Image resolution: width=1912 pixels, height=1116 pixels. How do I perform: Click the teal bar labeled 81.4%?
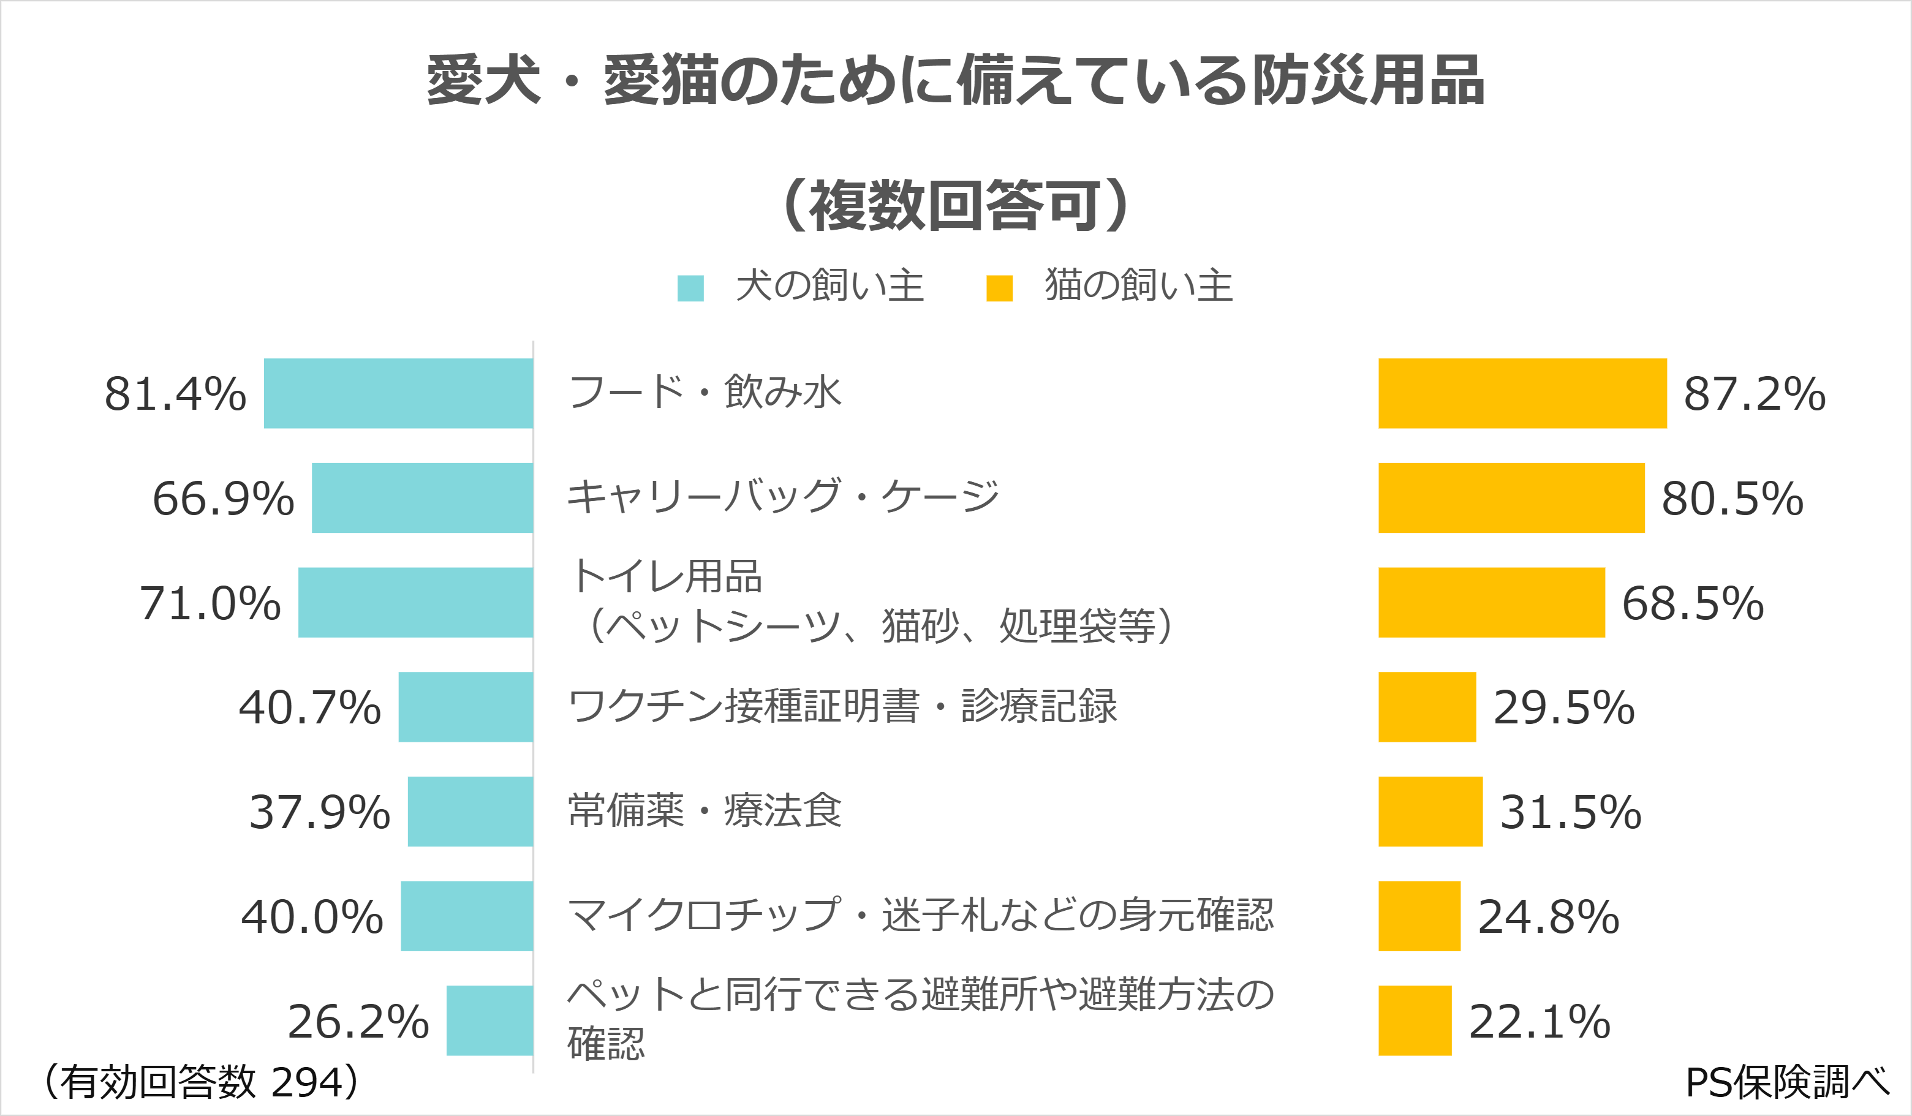click(x=398, y=393)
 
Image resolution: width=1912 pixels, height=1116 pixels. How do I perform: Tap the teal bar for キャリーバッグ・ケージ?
click(x=423, y=498)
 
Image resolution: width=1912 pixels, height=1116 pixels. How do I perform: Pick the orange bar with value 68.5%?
click(x=1492, y=602)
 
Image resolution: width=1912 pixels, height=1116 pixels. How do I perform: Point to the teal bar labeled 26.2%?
click(x=489, y=1020)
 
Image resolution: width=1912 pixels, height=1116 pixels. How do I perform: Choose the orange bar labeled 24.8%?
click(x=1419, y=916)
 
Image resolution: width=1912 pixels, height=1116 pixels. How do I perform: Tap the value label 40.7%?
click(x=309, y=708)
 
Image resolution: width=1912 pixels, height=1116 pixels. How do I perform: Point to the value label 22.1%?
click(x=1540, y=1021)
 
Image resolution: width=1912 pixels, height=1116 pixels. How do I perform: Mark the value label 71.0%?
click(x=210, y=603)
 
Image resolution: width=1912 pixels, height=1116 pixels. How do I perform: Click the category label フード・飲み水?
click(x=705, y=391)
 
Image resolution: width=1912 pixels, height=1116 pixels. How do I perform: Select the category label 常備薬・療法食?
click(x=705, y=810)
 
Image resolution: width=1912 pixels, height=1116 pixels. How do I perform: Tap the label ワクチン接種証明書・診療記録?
click(x=842, y=706)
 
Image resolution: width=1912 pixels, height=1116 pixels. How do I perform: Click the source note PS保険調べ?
click(x=1788, y=1083)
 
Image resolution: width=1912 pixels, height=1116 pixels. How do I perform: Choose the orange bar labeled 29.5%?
click(x=1427, y=707)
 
